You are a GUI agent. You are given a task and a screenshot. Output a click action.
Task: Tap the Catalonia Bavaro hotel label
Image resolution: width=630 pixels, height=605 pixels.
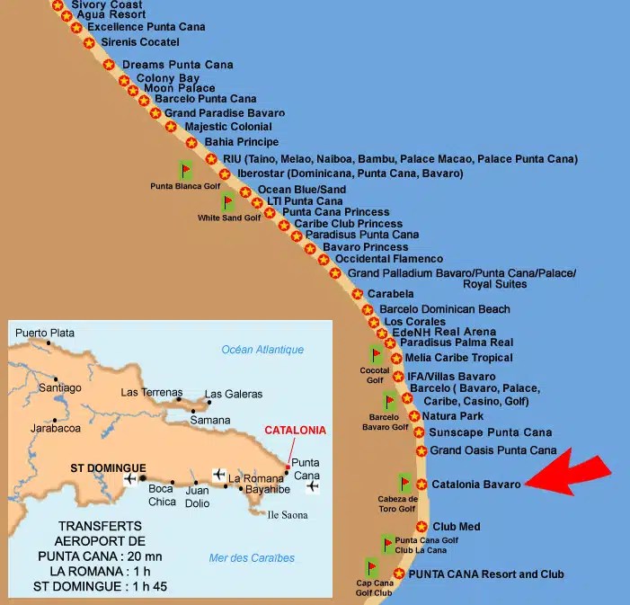pyautogui.click(x=476, y=485)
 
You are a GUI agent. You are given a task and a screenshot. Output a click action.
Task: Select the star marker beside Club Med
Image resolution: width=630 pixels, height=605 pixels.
pyautogui.click(x=421, y=527)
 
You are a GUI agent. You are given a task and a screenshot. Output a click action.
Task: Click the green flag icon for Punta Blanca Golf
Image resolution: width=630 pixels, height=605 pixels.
pyautogui.click(x=186, y=170)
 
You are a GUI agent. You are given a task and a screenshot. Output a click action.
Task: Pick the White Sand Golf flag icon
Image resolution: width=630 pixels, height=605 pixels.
pyautogui.click(x=228, y=201)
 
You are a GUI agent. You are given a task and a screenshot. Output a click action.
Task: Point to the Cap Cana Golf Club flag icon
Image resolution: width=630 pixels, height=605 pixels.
pyautogui.click(x=372, y=567)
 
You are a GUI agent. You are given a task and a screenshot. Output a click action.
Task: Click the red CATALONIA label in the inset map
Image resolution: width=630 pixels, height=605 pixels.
pyautogui.click(x=295, y=430)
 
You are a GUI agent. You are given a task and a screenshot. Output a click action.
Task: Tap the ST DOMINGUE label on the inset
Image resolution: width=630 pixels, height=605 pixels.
pyautogui.click(x=108, y=468)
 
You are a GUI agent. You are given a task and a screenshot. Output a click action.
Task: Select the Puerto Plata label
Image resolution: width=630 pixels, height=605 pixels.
pyautogui.click(x=45, y=333)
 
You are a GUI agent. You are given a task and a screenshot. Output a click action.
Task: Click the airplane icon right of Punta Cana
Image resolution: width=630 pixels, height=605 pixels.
pyautogui.click(x=312, y=486)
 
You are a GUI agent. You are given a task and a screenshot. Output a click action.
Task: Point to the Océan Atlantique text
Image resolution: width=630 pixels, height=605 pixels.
pyautogui.click(x=262, y=350)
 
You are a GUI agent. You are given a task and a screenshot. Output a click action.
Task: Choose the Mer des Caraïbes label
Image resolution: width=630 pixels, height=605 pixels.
pyautogui.click(x=252, y=558)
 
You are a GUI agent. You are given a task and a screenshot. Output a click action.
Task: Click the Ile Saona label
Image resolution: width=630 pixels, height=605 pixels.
pyautogui.click(x=288, y=515)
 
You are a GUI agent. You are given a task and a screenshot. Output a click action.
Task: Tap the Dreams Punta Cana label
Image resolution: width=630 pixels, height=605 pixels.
pyautogui.click(x=177, y=65)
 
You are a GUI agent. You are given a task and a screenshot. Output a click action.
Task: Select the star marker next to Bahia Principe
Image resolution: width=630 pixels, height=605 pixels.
pyautogui.click(x=191, y=142)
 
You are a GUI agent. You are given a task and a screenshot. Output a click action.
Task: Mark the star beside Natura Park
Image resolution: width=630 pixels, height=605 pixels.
pyautogui.click(x=414, y=416)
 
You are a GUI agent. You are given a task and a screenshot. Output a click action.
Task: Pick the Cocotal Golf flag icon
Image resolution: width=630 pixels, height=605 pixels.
pyautogui.click(x=376, y=355)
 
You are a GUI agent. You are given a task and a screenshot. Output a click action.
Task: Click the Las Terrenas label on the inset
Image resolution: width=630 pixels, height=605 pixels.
pyautogui.click(x=153, y=392)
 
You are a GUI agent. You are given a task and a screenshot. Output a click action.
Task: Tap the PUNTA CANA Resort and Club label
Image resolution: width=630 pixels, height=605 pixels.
pyautogui.click(x=486, y=574)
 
